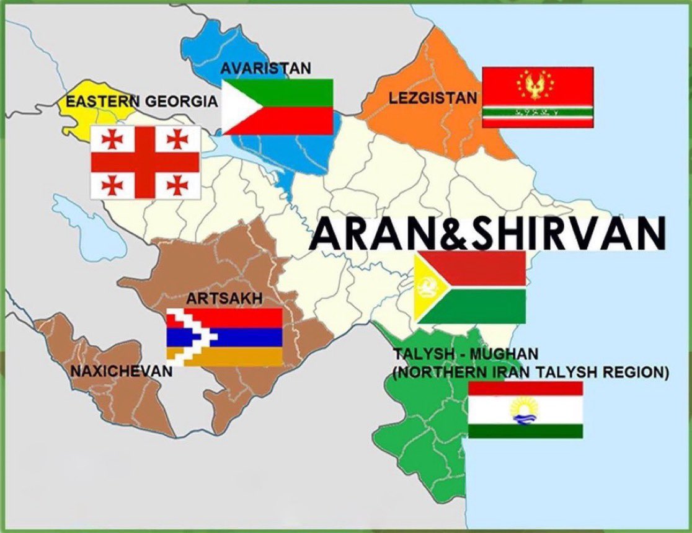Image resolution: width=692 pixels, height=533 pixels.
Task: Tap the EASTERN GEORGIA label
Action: pyautogui.click(x=142, y=101)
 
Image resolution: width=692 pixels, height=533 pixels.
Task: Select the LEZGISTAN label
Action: pyautogui.click(x=433, y=97)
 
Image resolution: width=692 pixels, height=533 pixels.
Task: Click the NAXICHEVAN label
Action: pyautogui.click(x=121, y=372)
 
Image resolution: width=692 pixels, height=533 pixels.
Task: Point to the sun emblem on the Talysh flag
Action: pyautogui.click(x=525, y=409)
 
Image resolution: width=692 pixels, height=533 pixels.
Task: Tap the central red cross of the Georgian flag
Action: pyautogui.click(x=145, y=162)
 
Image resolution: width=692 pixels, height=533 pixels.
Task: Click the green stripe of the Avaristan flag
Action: pyautogui.click(x=291, y=92)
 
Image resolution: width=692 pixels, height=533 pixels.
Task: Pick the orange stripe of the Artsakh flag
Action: pyautogui.click(x=242, y=356)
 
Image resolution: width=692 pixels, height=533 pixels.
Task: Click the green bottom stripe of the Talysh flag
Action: pyautogui.click(x=525, y=431)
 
